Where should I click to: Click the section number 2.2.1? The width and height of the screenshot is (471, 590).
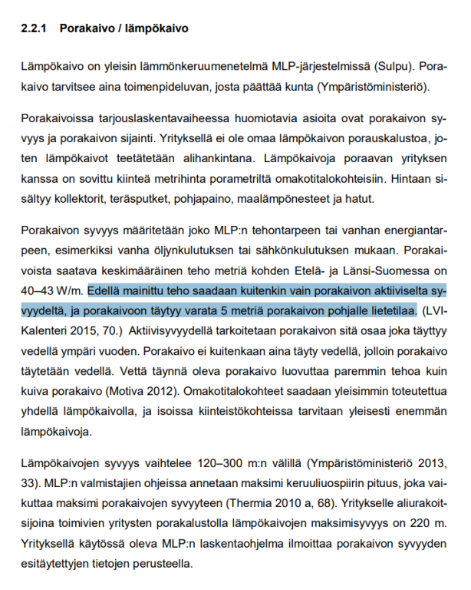[x=35, y=29]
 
